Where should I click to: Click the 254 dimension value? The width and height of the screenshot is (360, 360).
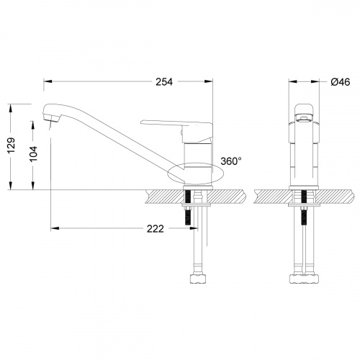pos(163,81)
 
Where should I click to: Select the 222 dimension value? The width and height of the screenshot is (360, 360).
pos(155,229)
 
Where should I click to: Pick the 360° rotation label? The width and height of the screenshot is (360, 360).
pos(230,161)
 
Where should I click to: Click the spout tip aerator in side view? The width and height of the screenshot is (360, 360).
pos(49,114)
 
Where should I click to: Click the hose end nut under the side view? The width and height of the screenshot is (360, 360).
pos(197,276)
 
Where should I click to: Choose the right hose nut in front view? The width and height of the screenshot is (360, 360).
pos(310,276)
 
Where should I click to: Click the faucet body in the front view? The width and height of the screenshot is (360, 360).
pos(303,155)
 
